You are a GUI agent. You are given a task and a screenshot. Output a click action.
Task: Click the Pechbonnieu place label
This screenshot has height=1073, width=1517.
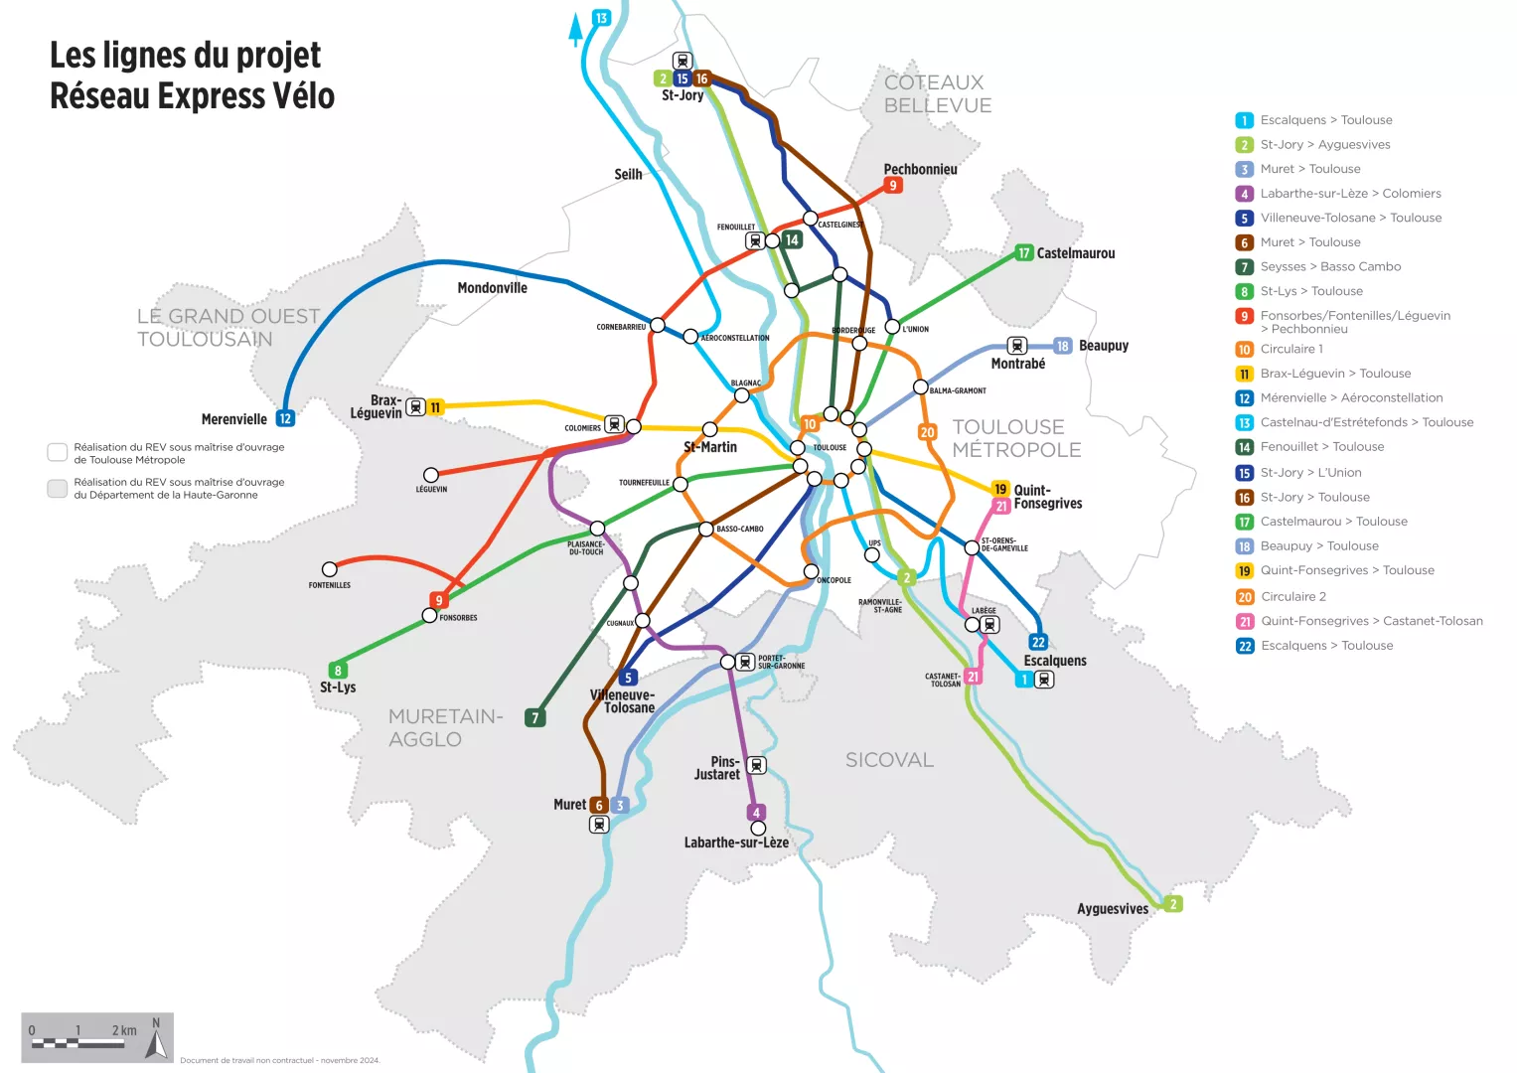coord(920,169)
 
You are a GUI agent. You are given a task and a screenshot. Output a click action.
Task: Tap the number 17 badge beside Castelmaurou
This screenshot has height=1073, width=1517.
coord(1023,253)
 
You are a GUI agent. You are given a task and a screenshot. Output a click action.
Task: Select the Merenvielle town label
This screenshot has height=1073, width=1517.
coord(233,419)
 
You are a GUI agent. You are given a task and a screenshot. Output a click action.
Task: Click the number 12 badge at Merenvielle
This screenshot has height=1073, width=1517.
coord(285,419)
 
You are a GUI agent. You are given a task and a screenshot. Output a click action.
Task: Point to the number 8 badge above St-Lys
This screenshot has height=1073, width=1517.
coord(338,671)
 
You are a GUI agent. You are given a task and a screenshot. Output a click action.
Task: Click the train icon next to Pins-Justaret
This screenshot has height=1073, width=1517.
coord(756,765)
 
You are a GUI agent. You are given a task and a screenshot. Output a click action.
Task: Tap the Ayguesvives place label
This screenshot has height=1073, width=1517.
coord(1112,909)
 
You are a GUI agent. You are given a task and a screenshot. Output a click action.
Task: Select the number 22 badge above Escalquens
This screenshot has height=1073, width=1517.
coord(1038,643)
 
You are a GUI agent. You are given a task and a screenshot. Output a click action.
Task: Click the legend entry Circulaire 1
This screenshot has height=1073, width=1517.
coord(1291,349)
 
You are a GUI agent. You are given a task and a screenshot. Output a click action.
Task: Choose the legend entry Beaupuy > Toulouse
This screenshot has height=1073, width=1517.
coord(1318,545)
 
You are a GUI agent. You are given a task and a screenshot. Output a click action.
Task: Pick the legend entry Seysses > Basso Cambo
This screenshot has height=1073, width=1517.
coord(1330,266)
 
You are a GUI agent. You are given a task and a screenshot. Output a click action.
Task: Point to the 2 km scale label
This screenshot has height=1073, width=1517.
coord(124,1030)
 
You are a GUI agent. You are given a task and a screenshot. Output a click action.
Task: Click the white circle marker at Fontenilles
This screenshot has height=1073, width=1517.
coord(330,569)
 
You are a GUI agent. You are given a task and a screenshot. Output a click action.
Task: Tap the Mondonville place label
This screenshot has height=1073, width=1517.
coord(492,288)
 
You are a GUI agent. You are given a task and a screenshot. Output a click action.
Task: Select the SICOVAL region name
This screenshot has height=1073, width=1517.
coord(889,760)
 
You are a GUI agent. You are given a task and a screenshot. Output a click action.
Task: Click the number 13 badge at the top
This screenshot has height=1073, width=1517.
coord(601,18)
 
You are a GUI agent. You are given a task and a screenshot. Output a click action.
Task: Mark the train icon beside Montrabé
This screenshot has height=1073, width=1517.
coord(1016,346)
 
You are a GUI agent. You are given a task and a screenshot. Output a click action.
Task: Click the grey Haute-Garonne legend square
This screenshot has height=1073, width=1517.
coord(58,488)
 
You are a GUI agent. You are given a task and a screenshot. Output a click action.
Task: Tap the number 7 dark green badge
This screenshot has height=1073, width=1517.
coord(535,717)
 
